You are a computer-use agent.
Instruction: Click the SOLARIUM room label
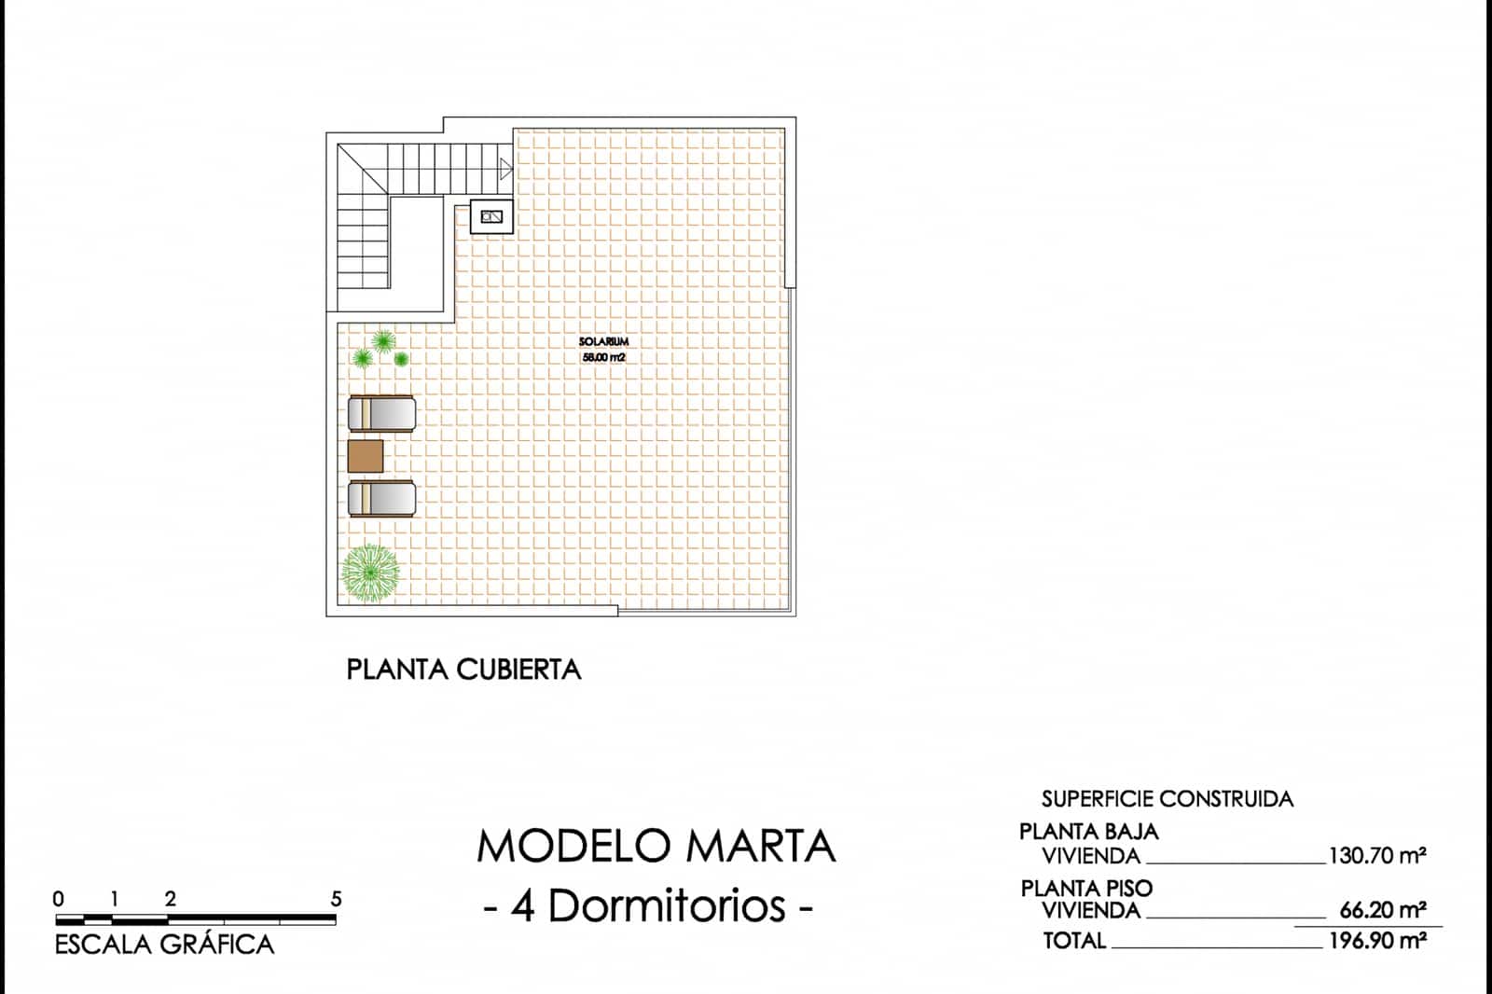[603, 342]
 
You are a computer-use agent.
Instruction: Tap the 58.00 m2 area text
[603, 358]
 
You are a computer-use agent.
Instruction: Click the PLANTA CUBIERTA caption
[464, 670]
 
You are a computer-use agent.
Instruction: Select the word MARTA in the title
[761, 847]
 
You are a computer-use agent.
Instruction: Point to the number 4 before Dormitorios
[523, 906]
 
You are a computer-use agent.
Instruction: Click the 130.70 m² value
[1377, 855]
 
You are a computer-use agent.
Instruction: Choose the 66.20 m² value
[1383, 910]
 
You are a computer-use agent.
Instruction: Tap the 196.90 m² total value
[1377, 941]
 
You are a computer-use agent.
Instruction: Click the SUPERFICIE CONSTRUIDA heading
[1167, 799]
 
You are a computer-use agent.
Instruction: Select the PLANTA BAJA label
[1089, 832]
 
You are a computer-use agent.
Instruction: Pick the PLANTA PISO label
[1086, 888]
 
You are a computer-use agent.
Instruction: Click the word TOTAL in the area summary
[1074, 941]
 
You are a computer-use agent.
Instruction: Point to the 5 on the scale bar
[337, 900]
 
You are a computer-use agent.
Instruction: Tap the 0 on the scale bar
[59, 900]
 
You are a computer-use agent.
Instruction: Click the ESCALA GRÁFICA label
[164, 945]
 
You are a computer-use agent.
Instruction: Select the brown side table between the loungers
[366, 456]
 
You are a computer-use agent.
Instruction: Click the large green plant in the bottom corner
[370, 573]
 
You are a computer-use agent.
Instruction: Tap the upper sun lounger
[381, 413]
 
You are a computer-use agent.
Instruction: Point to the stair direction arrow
[506, 169]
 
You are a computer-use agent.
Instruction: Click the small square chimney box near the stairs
[491, 216]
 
